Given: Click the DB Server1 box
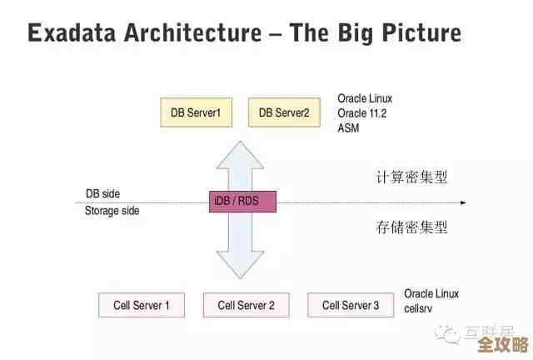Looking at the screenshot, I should pyautogui.click(x=196, y=112).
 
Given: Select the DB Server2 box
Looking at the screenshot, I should pyautogui.click(x=284, y=112).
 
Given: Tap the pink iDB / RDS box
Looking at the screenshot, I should pyautogui.click(x=241, y=202).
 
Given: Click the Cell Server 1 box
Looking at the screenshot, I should pyautogui.click(x=142, y=305).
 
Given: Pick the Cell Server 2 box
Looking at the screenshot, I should pyautogui.click(x=246, y=305).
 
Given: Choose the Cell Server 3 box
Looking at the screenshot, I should pyautogui.click(x=351, y=305).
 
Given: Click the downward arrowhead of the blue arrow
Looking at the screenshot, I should pyautogui.click(x=241, y=267).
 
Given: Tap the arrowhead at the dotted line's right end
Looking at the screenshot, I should pyautogui.click(x=462, y=202).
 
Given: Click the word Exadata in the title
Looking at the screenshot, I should pyautogui.click(x=72, y=33).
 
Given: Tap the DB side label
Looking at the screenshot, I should pyautogui.click(x=102, y=193).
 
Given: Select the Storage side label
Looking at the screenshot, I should pyautogui.click(x=112, y=211).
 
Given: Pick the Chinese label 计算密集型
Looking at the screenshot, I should pyautogui.click(x=412, y=177).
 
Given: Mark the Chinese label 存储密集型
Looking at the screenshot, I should pyautogui.click(x=412, y=227).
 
